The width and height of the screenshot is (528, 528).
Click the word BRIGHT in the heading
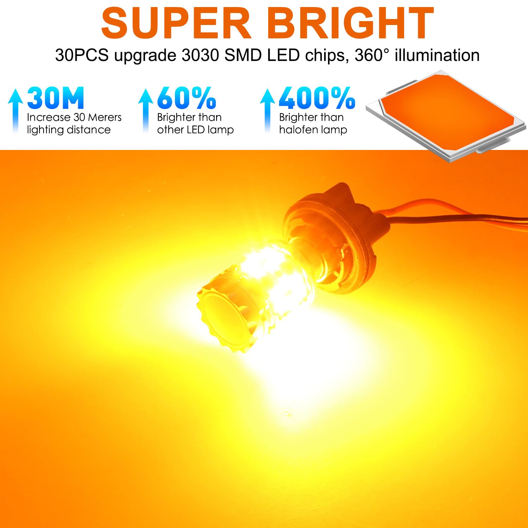(351, 23)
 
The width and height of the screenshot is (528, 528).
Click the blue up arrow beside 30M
(15, 111)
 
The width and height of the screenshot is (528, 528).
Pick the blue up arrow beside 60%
(145, 111)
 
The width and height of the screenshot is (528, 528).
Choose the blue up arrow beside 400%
(267, 111)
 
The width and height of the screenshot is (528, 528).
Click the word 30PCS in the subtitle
(82, 56)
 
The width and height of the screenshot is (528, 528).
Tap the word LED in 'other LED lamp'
(196, 130)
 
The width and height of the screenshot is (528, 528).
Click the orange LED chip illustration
(446, 115)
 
